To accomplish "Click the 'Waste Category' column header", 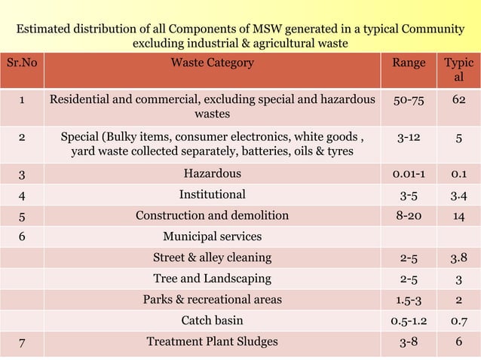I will [212, 63].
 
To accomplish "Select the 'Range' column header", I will [408, 63].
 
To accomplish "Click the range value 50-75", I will [408, 99].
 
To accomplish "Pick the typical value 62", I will [458, 99].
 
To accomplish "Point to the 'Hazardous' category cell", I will [212, 174].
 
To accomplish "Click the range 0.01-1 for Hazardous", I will [408, 174].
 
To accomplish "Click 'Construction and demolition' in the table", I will [212, 216].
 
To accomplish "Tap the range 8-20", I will [408, 216].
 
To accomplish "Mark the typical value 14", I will [458, 216].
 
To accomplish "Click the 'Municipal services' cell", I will [212, 236].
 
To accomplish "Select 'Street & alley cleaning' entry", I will [212, 258].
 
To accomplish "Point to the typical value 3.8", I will [458, 258].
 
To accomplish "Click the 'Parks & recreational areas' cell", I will [212, 299].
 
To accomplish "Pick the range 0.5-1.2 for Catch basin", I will [408, 320].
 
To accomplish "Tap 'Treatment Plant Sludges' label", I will [212, 341].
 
